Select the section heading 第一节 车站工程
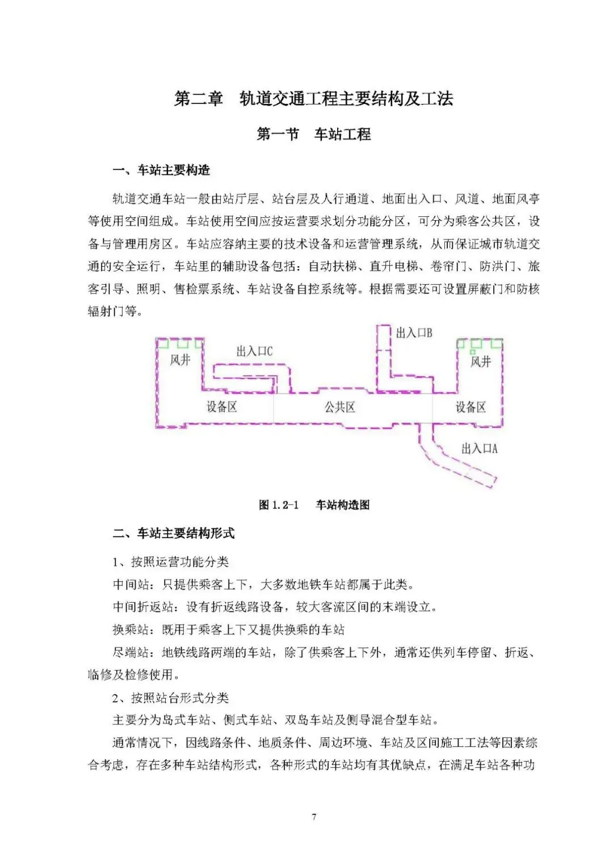pyautogui.click(x=313, y=134)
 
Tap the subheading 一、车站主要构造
pyautogui.click(x=161, y=170)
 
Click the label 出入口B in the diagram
pyautogui.click(x=414, y=333)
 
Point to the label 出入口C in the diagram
pyautogui.click(x=254, y=351)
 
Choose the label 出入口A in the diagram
pyautogui.click(x=479, y=449)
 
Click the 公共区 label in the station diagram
pyautogui.click(x=339, y=407)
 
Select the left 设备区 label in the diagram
pyautogui.click(x=221, y=407)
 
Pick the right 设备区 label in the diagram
pyautogui.click(x=471, y=407)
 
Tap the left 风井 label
pyautogui.click(x=180, y=360)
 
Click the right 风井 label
pyautogui.click(x=480, y=361)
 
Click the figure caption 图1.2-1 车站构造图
pyautogui.click(x=314, y=505)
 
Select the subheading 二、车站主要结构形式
pyautogui.click(x=173, y=533)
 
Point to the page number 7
pyautogui.click(x=314, y=817)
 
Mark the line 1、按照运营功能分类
pyautogui.click(x=170, y=562)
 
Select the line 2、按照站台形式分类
pyautogui.click(x=170, y=697)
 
